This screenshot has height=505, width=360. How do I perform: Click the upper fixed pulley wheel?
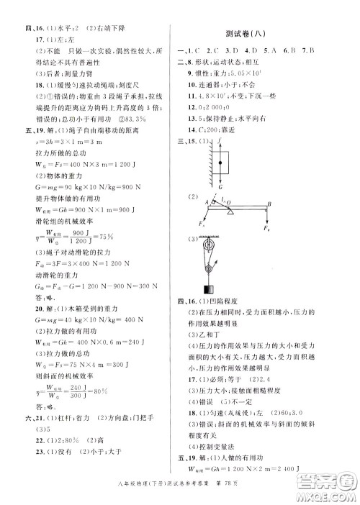210,245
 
